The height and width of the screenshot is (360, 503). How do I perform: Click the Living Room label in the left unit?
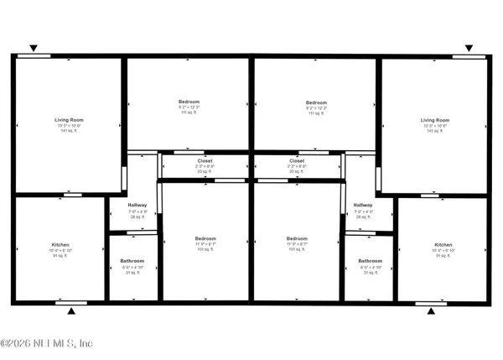(x=70, y=120)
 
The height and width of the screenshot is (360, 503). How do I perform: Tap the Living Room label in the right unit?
(x=434, y=120)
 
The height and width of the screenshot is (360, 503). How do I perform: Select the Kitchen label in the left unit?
(x=60, y=244)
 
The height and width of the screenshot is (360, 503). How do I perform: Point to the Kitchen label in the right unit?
(x=443, y=244)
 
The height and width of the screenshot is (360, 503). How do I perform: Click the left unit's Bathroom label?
(x=132, y=261)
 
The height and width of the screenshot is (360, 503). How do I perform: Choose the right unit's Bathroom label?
(x=371, y=261)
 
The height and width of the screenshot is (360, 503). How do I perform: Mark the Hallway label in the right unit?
(x=363, y=205)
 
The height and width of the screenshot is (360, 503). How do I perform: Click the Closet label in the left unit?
(x=205, y=160)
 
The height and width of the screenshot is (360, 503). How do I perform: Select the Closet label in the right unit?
(x=297, y=160)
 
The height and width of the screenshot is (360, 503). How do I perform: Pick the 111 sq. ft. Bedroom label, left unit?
(x=189, y=102)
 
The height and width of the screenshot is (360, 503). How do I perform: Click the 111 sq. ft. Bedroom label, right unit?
(x=316, y=102)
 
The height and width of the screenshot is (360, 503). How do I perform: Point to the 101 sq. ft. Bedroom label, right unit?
(x=298, y=238)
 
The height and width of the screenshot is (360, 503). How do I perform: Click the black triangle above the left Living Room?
(x=34, y=49)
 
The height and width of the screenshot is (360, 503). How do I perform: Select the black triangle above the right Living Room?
(x=469, y=49)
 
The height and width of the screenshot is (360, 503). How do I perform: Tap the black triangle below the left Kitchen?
(x=71, y=311)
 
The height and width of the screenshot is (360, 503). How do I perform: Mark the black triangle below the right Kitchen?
(x=431, y=311)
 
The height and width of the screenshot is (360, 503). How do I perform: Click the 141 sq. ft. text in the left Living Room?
(x=70, y=131)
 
